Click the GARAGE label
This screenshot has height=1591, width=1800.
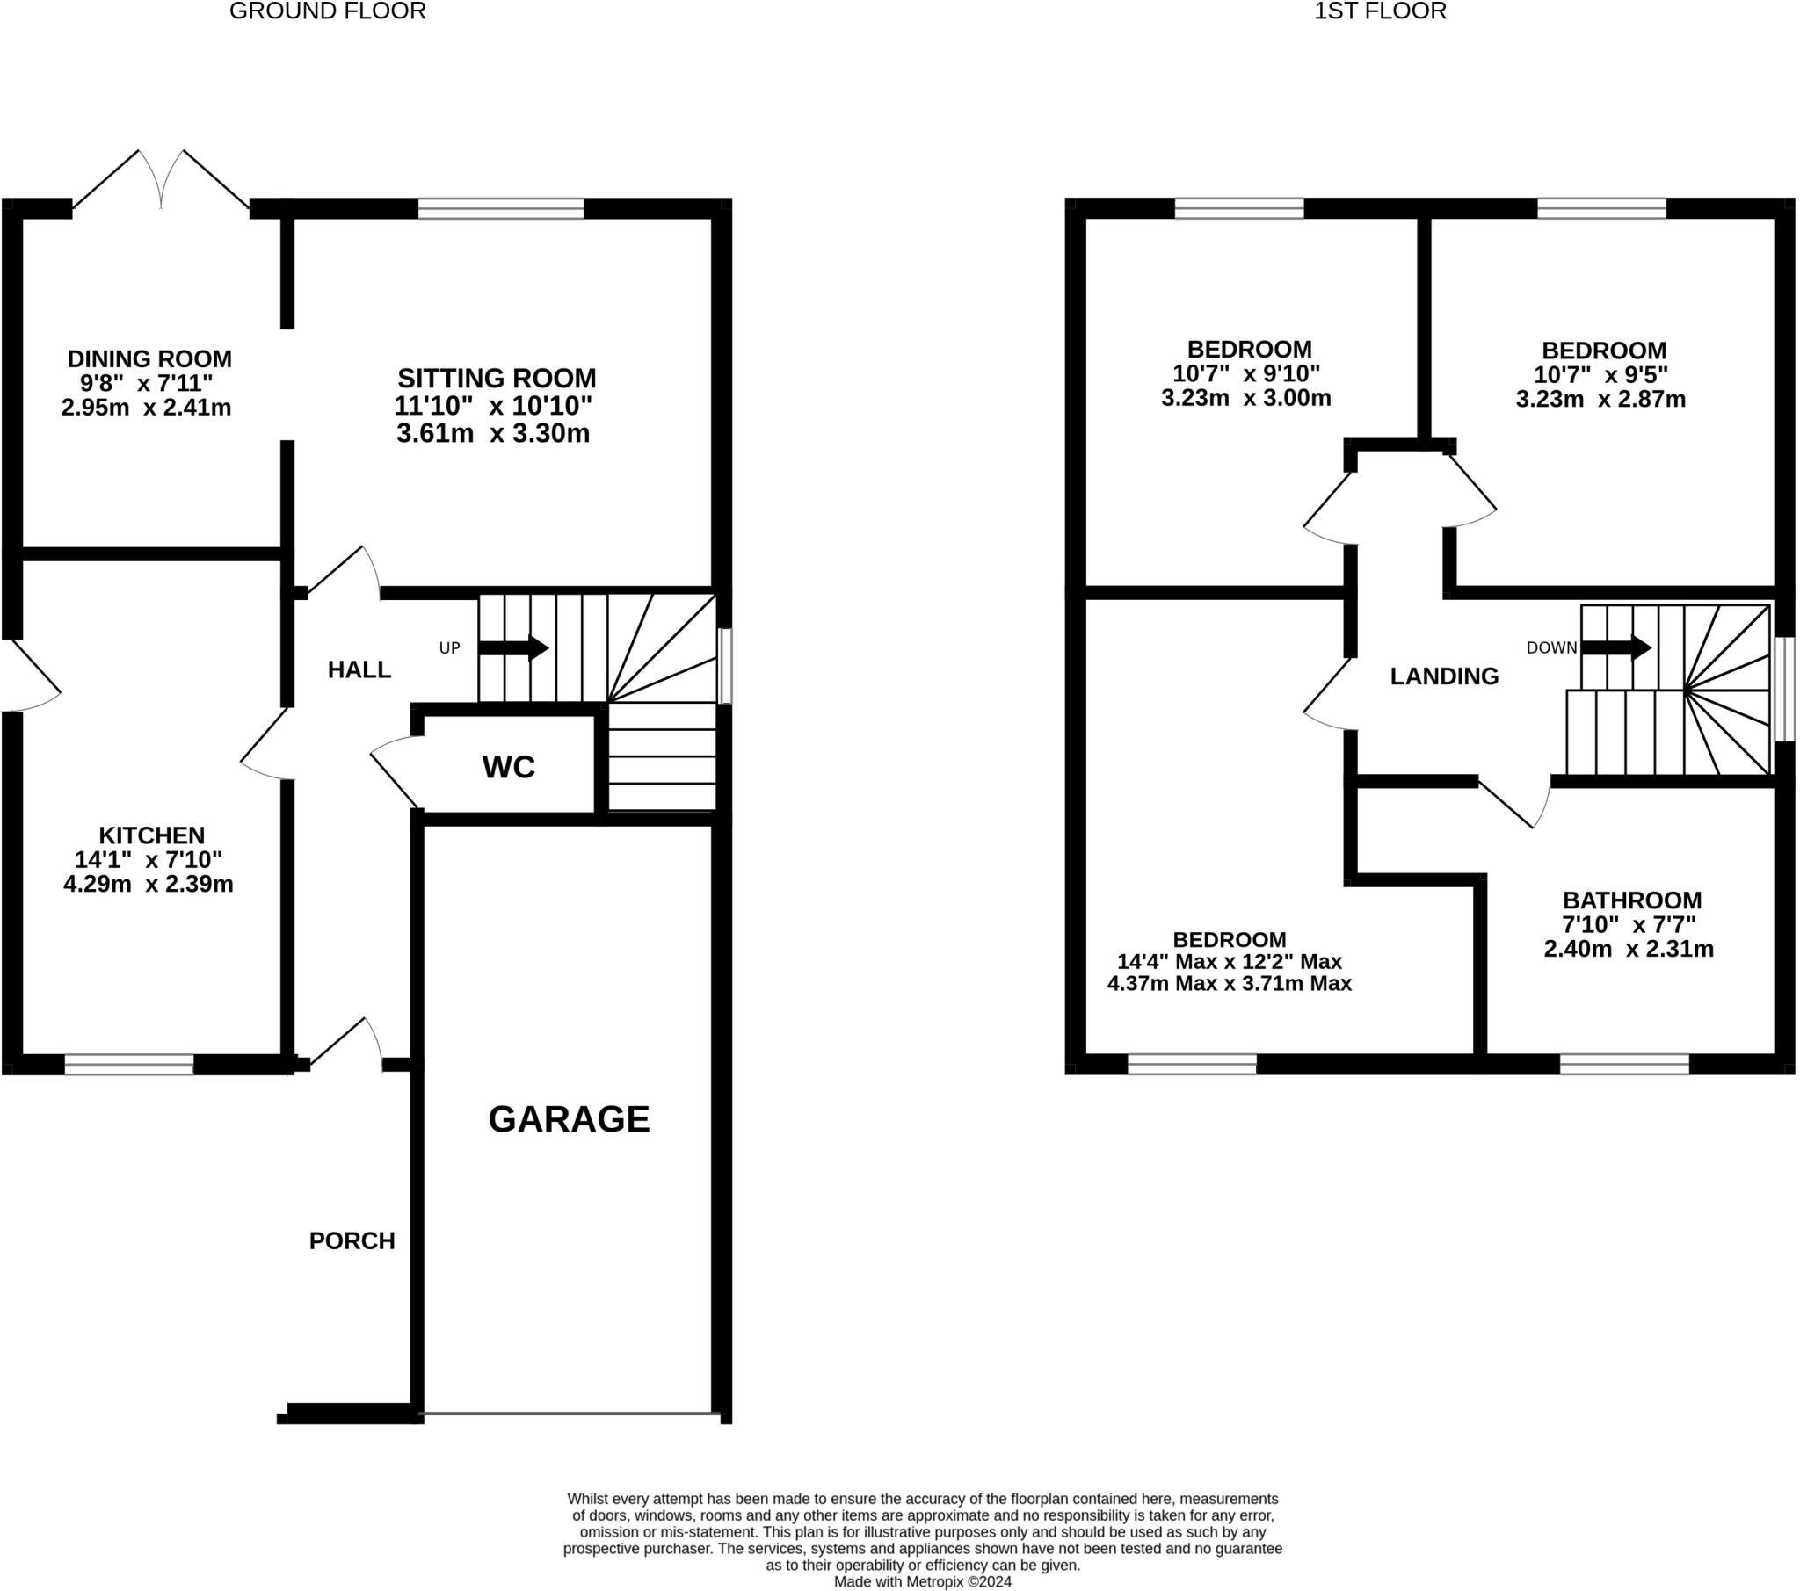coord(569,1119)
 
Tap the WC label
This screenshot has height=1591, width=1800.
coord(509,767)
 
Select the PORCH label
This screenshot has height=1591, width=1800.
coord(352,1240)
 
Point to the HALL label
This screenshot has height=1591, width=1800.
coord(359,670)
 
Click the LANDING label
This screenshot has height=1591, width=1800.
coord(1444,676)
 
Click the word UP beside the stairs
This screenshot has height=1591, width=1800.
coord(450,648)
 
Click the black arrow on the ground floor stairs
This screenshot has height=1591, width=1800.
coord(513,648)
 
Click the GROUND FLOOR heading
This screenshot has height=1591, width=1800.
coord(328,11)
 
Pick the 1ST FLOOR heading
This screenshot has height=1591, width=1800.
coord(1380,11)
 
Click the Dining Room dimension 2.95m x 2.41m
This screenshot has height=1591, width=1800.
coord(146,408)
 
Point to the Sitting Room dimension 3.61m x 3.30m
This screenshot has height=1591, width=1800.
coord(493,433)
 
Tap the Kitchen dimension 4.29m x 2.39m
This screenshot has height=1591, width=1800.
coord(148,884)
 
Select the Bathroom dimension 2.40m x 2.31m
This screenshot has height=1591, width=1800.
coord(1629,949)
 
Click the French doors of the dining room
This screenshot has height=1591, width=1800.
coord(161,179)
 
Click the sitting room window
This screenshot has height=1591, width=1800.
coord(501,209)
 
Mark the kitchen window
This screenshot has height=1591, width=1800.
coord(128,1065)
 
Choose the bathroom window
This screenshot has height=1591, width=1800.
coord(1625,1065)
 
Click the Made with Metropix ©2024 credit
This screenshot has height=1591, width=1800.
coord(923,1581)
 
